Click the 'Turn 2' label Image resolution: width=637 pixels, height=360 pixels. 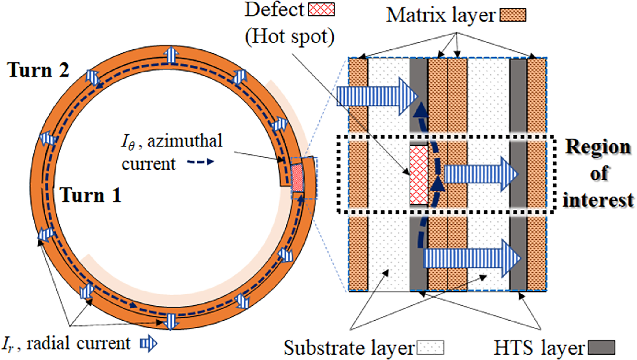(x=39, y=70)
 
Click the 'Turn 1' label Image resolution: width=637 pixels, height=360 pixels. (x=90, y=195)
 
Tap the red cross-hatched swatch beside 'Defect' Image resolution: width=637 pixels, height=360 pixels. (x=322, y=9)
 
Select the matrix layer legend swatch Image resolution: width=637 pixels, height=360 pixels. (x=513, y=15)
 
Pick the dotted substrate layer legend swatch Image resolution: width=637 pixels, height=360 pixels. (x=430, y=348)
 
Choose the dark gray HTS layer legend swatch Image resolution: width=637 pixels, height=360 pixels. (x=601, y=348)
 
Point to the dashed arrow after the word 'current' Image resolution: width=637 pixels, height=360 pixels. (x=201, y=162)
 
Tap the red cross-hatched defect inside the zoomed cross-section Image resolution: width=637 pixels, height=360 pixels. (x=419, y=175)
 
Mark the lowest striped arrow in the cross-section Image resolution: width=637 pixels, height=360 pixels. (x=472, y=258)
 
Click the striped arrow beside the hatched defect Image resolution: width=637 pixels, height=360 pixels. (x=481, y=174)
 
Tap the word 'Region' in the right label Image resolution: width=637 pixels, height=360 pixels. (x=598, y=147)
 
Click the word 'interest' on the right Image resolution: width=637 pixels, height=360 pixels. (x=598, y=200)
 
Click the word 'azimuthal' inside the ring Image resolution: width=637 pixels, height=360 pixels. (x=185, y=141)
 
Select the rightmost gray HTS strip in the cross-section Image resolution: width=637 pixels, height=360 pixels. (x=518, y=174)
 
